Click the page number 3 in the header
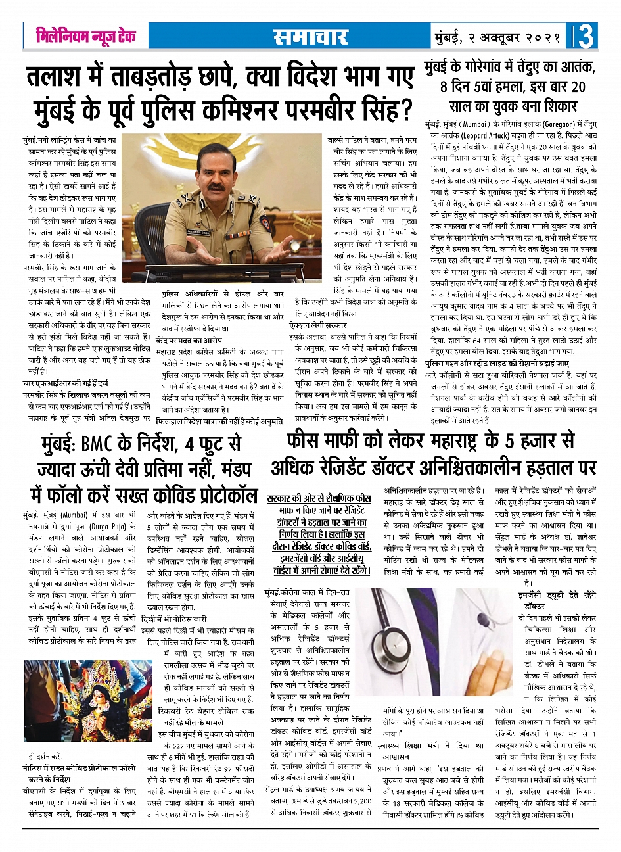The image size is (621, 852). [x=586, y=36]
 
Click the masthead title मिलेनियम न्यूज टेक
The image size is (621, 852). [x=85, y=35]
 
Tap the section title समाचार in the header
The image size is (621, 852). [x=310, y=37]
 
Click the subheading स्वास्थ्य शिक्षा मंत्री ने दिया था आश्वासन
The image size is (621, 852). [x=434, y=751]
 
